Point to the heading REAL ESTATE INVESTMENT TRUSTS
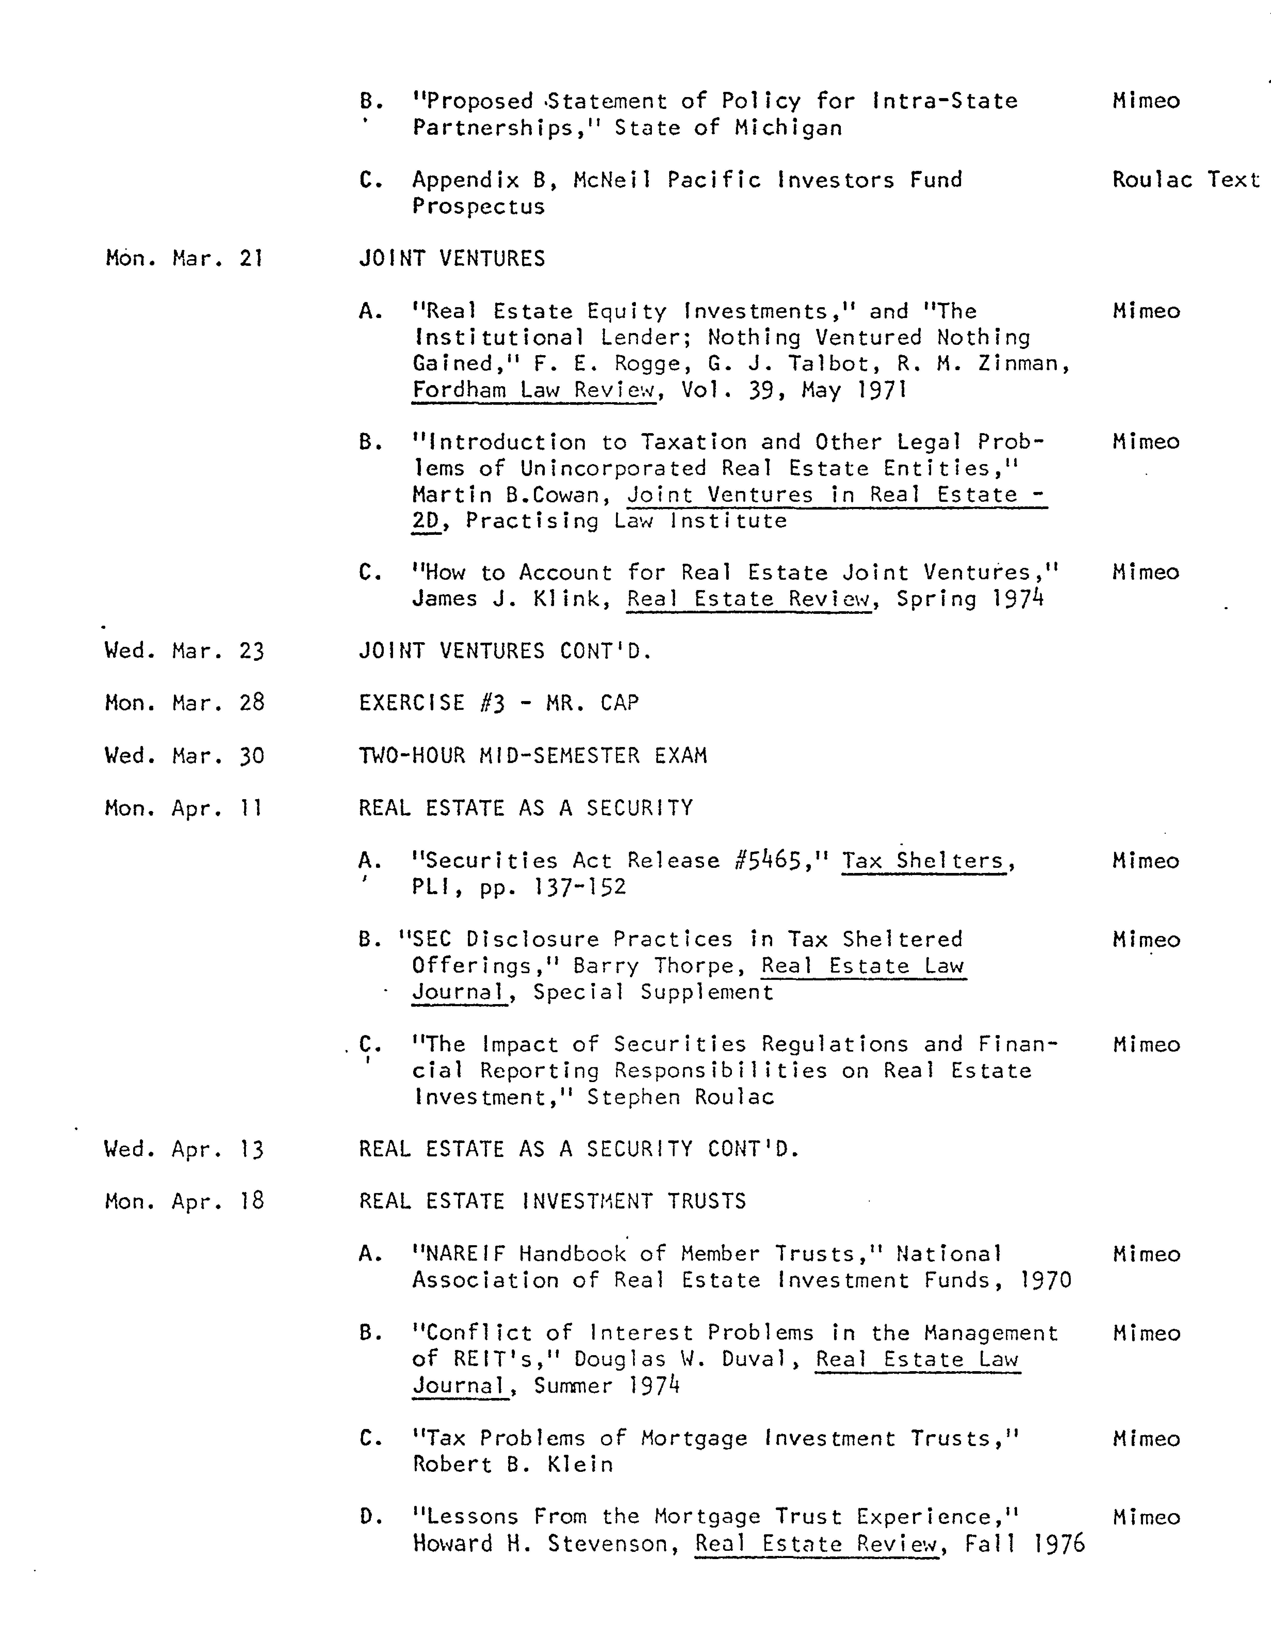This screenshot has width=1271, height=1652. pos(552,1201)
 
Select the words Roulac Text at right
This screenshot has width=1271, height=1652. pos(1185,180)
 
